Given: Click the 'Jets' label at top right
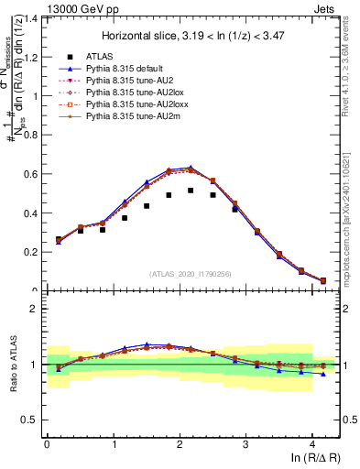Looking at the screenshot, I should click(x=326, y=8).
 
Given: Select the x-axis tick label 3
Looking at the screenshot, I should click(x=245, y=445).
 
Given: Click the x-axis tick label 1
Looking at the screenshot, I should click(x=113, y=445).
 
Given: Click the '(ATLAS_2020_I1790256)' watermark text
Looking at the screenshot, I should click(x=191, y=273).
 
